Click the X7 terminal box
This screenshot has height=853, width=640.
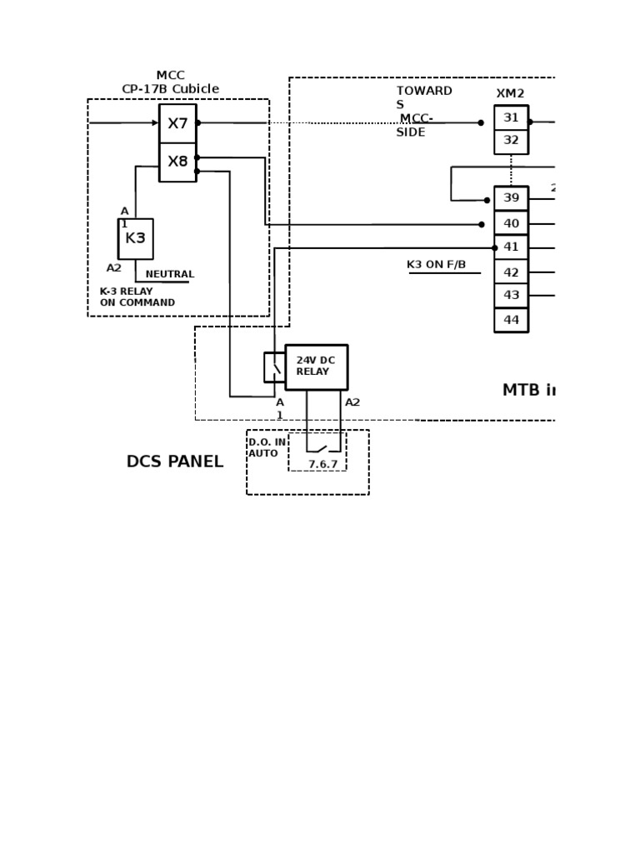click(177, 123)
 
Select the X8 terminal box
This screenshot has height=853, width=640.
click(177, 162)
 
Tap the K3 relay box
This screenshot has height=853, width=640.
click(135, 238)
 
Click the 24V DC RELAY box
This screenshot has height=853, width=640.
click(316, 367)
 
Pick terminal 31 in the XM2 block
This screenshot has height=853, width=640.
click(511, 118)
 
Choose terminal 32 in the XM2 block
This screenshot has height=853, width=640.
click(511, 141)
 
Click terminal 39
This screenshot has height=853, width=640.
click(511, 198)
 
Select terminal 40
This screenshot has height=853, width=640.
click(511, 223)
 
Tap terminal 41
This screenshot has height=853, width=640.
click(511, 247)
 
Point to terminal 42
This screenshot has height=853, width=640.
click(511, 272)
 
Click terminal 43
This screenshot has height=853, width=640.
click(511, 295)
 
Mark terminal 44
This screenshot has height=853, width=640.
click(511, 320)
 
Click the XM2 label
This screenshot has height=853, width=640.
click(510, 94)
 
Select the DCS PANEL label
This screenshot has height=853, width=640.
click(174, 461)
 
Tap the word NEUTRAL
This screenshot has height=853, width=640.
click(169, 274)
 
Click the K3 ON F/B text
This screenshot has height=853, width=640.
click(436, 265)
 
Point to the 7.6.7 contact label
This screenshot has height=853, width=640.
click(322, 464)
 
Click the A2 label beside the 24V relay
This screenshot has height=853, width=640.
click(352, 402)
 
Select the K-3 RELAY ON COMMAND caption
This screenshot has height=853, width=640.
click(137, 297)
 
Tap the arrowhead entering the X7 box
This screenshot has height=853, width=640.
click(155, 123)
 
